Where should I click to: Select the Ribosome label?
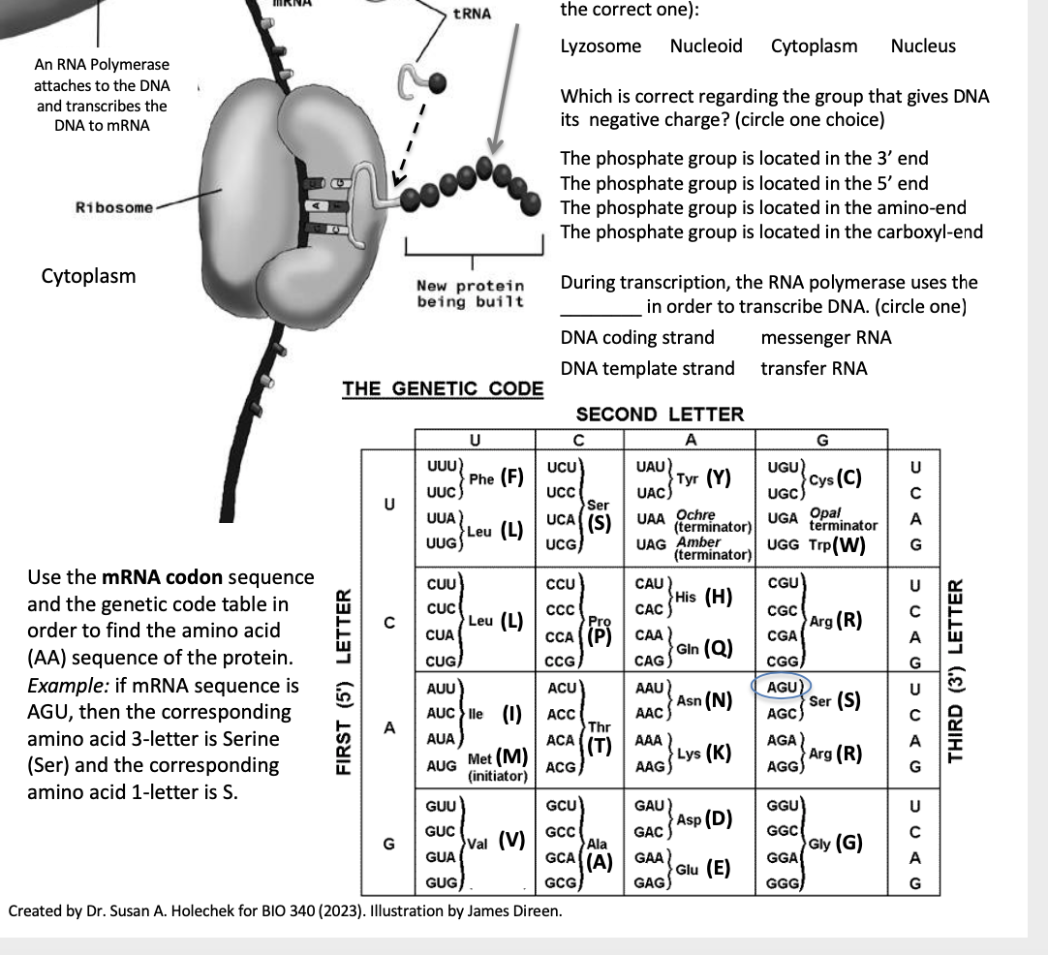pos(114,208)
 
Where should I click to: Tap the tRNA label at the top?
pos(473,14)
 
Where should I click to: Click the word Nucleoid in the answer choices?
pos(706,46)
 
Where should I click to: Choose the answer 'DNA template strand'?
pos(647,368)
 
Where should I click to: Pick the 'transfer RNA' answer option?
pos(814,368)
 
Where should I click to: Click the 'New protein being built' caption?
pos(470,293)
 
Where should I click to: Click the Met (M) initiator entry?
pos(496,761)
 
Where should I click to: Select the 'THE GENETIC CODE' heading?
pos(443,389)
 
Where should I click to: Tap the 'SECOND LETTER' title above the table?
pos(660,415)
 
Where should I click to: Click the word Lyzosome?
pos(601,46)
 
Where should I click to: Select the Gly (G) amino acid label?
pos(837,842)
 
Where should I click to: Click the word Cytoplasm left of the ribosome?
pos(88,276)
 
